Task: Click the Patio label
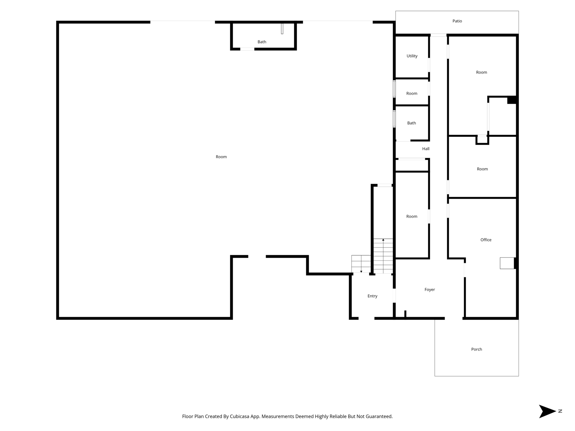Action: point(457,21)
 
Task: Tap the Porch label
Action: point(476,349)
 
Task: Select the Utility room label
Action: point(412,56)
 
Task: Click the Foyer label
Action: point(430,290)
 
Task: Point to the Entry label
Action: point(372,296)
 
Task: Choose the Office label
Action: point(486,240)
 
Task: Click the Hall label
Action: point(426,149)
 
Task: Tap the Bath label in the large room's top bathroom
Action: point(262,42)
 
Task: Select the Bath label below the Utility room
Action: point(411,123)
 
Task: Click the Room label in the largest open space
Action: point(221,157)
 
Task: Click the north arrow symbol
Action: point(547,411)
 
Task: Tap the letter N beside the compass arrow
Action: point(560,411)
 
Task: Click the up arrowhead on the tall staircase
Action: point(383,240)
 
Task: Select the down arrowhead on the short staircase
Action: point(361,272)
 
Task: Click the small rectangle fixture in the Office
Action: point(507,263)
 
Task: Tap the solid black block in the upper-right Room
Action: point(512,100)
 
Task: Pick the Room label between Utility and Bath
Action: point(412,94)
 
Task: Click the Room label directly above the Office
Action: point(482,169)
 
